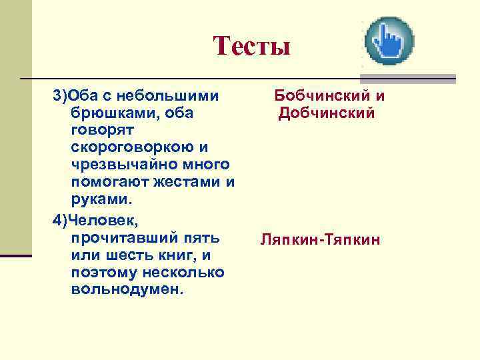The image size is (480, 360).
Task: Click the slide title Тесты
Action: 252,47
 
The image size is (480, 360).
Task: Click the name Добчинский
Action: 327,113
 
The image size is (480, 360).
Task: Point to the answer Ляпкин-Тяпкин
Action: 321,239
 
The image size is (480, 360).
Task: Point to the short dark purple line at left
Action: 16,255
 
